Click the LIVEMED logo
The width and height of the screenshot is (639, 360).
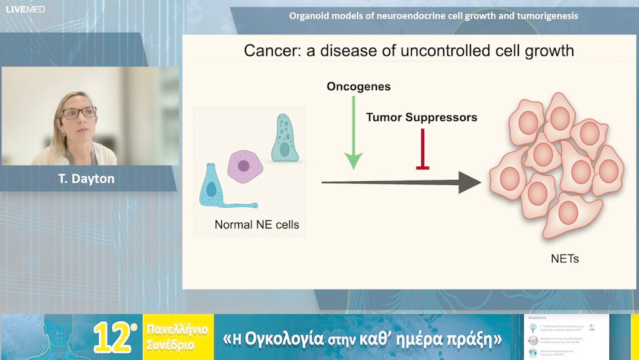click(x=25, y=9)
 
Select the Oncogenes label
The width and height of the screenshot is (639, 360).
click(x=359, y=87)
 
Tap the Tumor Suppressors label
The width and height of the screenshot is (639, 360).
click(x=421, y=117)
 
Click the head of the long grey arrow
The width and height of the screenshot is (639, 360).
click(x=470, y=182)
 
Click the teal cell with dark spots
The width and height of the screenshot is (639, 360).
click(x=285, y=139)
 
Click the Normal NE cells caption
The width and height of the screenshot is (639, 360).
click(x=257, y=224)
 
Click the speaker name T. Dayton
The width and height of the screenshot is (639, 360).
click(x=86, y=178)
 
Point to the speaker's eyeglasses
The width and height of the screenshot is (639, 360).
click(x=79, y=112)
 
